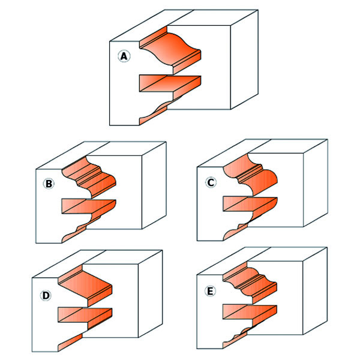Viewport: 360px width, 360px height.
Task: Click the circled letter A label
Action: (x=124, y=56)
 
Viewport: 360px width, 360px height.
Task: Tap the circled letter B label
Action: (x=49, y=184)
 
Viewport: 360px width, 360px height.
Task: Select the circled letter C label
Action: (x=211, y=182)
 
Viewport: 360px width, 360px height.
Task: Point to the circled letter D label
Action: (x=46, y=295)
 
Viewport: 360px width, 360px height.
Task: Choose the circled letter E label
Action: (x=210, y=292)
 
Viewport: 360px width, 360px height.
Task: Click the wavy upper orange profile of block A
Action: (x=170, y=50)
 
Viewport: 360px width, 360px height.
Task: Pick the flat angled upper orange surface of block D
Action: (x=85, y=285)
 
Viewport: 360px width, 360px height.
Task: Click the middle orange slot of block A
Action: (x=170, y=83)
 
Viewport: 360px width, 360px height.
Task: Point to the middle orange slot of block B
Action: (x=89, y=206)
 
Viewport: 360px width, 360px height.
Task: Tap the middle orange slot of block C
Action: (x=250, y=204)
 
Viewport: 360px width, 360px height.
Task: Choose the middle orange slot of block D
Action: (x=85, y=315)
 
